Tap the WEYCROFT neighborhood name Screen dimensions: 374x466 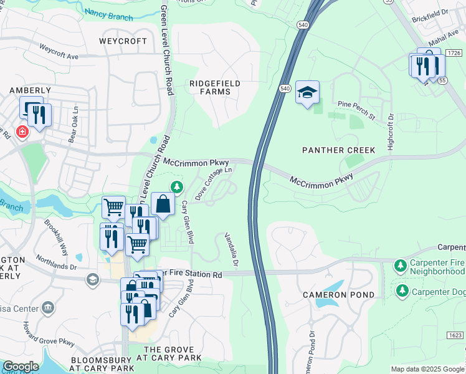point(123,41)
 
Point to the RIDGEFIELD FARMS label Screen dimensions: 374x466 point(215,87)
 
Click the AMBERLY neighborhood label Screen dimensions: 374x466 point(30,90)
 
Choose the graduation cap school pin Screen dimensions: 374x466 point(307,92)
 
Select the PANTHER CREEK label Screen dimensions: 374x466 point(338,150)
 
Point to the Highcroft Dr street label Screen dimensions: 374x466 point(391,130)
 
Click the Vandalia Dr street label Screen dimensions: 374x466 point(231,250)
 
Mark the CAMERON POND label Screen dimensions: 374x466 point(338,294)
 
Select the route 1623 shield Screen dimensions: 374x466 point(455,335)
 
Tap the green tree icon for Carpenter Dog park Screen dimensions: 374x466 point(402,290)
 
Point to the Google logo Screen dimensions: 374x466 point(21,367)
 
